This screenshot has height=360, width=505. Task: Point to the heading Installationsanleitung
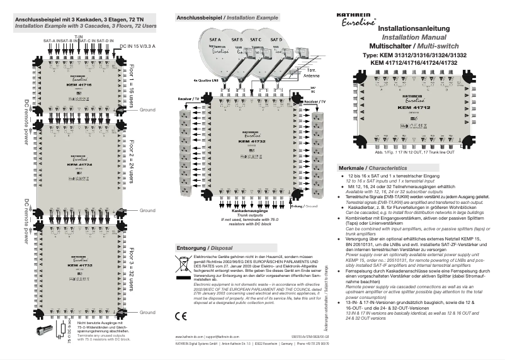tap(412, 30)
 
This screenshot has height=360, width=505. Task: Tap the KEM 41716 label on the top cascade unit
tap(79, 85)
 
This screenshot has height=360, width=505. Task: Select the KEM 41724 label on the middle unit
tap(79, 164)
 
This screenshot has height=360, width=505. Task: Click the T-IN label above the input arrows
tap(79, 37)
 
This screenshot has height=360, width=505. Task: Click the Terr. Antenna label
tap(311, 72)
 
